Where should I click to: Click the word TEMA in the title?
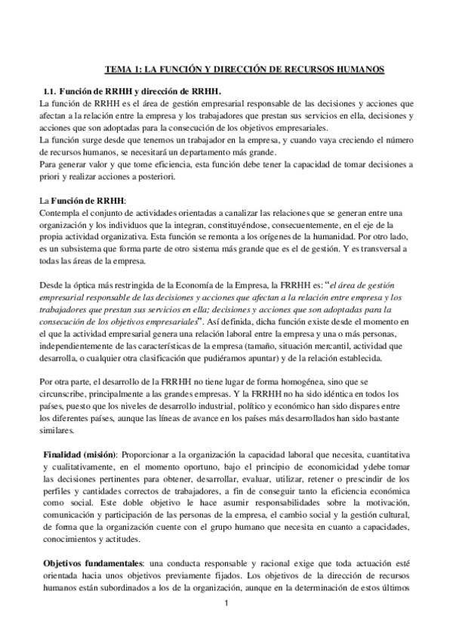[117, 69]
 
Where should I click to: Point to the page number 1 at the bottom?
[226, 626]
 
